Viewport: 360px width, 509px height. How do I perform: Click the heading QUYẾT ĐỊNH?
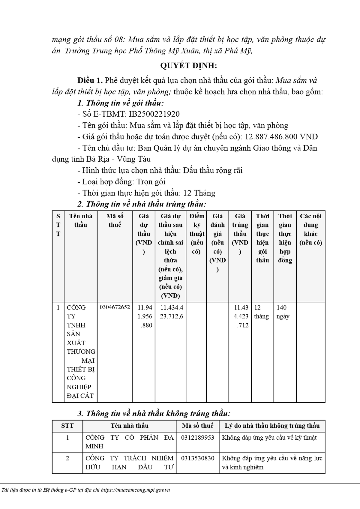pos(188,66)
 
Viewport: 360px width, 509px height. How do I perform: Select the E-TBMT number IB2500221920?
pos(154,114)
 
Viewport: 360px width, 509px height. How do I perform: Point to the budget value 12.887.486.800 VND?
pos(281,137)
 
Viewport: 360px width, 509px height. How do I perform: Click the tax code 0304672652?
pos(115,307)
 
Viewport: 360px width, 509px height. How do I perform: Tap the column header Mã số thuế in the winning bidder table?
pos(115,220)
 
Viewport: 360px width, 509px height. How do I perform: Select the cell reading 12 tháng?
pos(261,312)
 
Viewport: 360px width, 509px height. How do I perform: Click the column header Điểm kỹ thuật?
pos(196,234)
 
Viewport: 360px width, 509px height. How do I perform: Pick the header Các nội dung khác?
pos(310,229)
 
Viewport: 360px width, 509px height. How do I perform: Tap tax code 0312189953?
pos(198,438)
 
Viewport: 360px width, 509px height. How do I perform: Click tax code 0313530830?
pos(198,458)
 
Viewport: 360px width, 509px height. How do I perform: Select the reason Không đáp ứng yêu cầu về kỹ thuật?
pos(269,438)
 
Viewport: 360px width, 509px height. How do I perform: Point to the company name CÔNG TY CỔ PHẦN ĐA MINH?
pos(129,442)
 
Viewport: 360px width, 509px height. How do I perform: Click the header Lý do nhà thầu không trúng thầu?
pos(272,426)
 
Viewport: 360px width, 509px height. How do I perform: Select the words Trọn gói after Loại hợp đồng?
pos(151,182)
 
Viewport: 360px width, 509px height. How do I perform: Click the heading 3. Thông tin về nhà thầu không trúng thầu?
pos(154,414)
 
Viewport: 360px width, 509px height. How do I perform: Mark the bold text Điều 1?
pos(90,81)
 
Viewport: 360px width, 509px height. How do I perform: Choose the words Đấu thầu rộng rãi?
pos(213,171)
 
